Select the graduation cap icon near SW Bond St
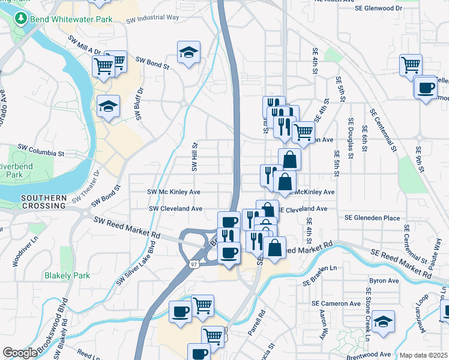pos(188,53)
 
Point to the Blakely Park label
pos(67,276)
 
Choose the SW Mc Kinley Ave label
pos(174,192)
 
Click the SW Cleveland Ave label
pos(176,209)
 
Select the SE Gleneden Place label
pos(372,218)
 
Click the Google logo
pos(19,353)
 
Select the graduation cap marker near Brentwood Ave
pos(382,321)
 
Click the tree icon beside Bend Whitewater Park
pos(22,19)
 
